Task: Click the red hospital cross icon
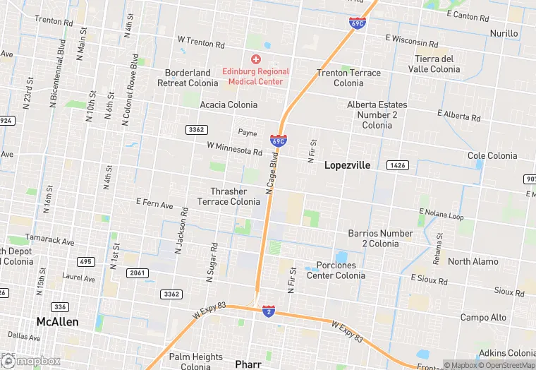pos(255,59)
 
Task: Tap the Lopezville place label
pos(348,165)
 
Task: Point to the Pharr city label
pos(248,364)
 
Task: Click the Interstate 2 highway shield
pos(268,311)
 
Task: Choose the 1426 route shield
pos(397,165)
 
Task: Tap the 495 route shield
pos(86,262)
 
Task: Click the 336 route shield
pos(61,307)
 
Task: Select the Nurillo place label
pos(504,33)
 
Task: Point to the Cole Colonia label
pos(492,155)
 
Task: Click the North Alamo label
pos(473,261)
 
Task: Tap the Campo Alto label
pos(483,318)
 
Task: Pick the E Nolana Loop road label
pos(441,214)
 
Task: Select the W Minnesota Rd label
pos(234,149)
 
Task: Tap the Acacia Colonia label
pos(229,105)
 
